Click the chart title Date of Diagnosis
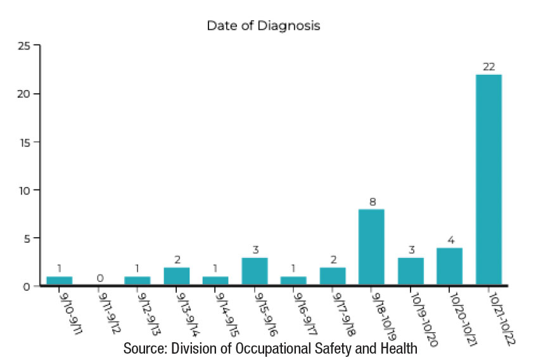[x=264, y=26]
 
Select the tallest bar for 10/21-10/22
[x=488, y=180]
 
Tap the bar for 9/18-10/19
[x=371, y=247]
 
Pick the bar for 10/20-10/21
[x=449, y=266]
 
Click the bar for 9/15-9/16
[x=254, y=271]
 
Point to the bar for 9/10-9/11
[x=59, y=281]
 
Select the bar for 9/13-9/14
[x=176, y=276]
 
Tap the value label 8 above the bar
[x=371, y=202]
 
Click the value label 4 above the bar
[x=449, y=240]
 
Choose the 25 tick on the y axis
[x=24, y=46]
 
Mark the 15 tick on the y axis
[x=24, y=142]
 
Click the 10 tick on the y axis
[x=24, y=190]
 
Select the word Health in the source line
[x=399, y=348]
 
